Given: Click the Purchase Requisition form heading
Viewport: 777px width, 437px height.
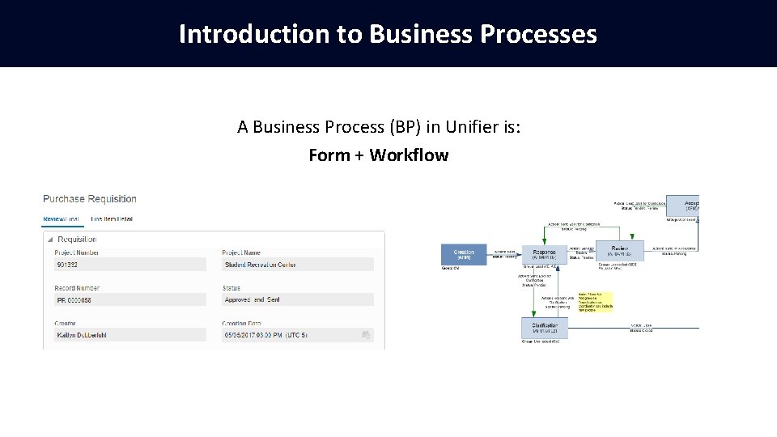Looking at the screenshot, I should [x=90, y=199].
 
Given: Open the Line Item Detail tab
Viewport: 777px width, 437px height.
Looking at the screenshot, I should [x=112, y=218].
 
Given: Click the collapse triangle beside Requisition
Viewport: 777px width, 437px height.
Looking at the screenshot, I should [x=50, y=240].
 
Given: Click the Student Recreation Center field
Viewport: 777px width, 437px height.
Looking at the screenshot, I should [x=297, y=265].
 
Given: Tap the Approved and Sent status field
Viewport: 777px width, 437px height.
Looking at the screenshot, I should [x=297, y=299].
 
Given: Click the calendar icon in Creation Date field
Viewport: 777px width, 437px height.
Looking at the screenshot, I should [x=366, y=334].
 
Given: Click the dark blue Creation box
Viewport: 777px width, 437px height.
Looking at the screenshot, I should [x=464, y=254].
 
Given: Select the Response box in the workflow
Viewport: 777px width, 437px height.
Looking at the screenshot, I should [x=544, y=253].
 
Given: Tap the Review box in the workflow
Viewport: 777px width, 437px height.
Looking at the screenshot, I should [x=620, y=251].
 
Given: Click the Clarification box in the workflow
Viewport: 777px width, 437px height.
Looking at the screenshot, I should [x=544, y=328].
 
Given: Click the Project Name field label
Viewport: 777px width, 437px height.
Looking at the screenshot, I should [x=242, y=252].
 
